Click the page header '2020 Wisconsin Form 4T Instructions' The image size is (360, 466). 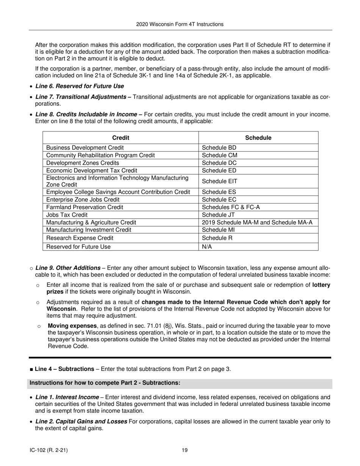(x=180, y=24)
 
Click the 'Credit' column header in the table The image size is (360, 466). (x=121, y=138)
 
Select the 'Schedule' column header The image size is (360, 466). (x=258, y=138)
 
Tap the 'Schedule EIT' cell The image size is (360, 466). (x=219, y=181)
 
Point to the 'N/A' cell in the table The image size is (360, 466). (x=207, y=247)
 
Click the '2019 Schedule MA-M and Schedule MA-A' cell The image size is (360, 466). (x=257, y=222)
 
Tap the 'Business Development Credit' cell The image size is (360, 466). (x=85, y=148)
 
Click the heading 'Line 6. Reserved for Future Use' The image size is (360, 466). (x=80, y=86)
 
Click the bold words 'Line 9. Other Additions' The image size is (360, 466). (x=68, y=268)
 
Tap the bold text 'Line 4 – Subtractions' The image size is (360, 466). (x=64, y=369)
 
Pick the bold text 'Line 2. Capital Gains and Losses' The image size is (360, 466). (x=81, y=421)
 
